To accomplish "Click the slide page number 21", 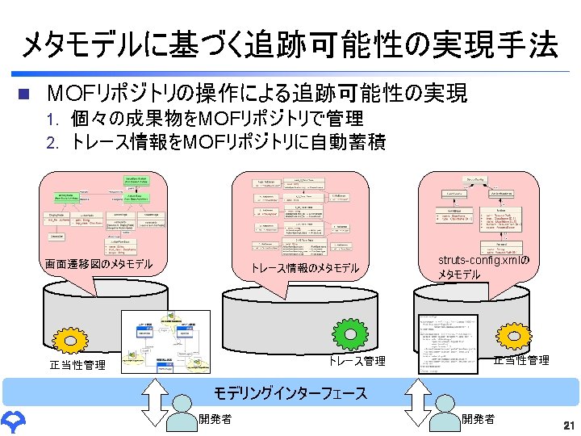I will tap(568, 425).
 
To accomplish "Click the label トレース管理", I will tap(357, 361).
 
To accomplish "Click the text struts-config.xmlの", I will tap(483, 260).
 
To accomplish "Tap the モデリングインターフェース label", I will tap(290, 393).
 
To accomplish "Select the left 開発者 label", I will tap(215, 418).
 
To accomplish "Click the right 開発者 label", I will tap(479, 418).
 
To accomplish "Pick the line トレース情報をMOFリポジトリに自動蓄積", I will tap(228, 143).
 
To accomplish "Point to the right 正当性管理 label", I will tap(521, 359).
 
